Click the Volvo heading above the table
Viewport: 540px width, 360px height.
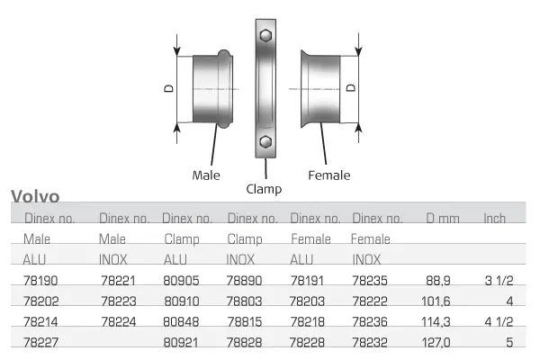click(35, 197)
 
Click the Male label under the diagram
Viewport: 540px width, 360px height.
click(206, 175)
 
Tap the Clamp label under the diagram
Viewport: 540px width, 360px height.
click(264, 189)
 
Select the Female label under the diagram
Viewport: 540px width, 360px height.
click(328, 175)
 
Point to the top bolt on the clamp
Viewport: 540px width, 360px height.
click(265, 37)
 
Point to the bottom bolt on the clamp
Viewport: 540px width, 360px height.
click(265, 142)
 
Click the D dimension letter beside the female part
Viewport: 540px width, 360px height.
click(351, 87)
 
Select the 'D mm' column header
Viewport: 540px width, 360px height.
click(441, 218)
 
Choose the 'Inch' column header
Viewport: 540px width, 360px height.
click(494, 218)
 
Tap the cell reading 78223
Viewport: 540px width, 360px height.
click(118, 301)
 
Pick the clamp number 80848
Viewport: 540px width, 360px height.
click(180, 320)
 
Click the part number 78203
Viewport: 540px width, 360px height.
click(308, 301)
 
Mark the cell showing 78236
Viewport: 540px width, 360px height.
click(370, 320)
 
